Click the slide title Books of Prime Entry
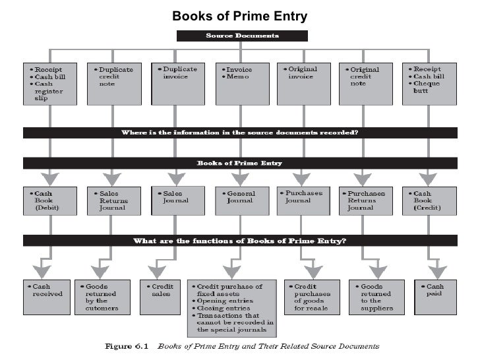click(239, 16)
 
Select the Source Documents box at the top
click(239, 36)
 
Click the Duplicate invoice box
click(175, 83)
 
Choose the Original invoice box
click(303, 83)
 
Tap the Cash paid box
click(435, 294)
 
